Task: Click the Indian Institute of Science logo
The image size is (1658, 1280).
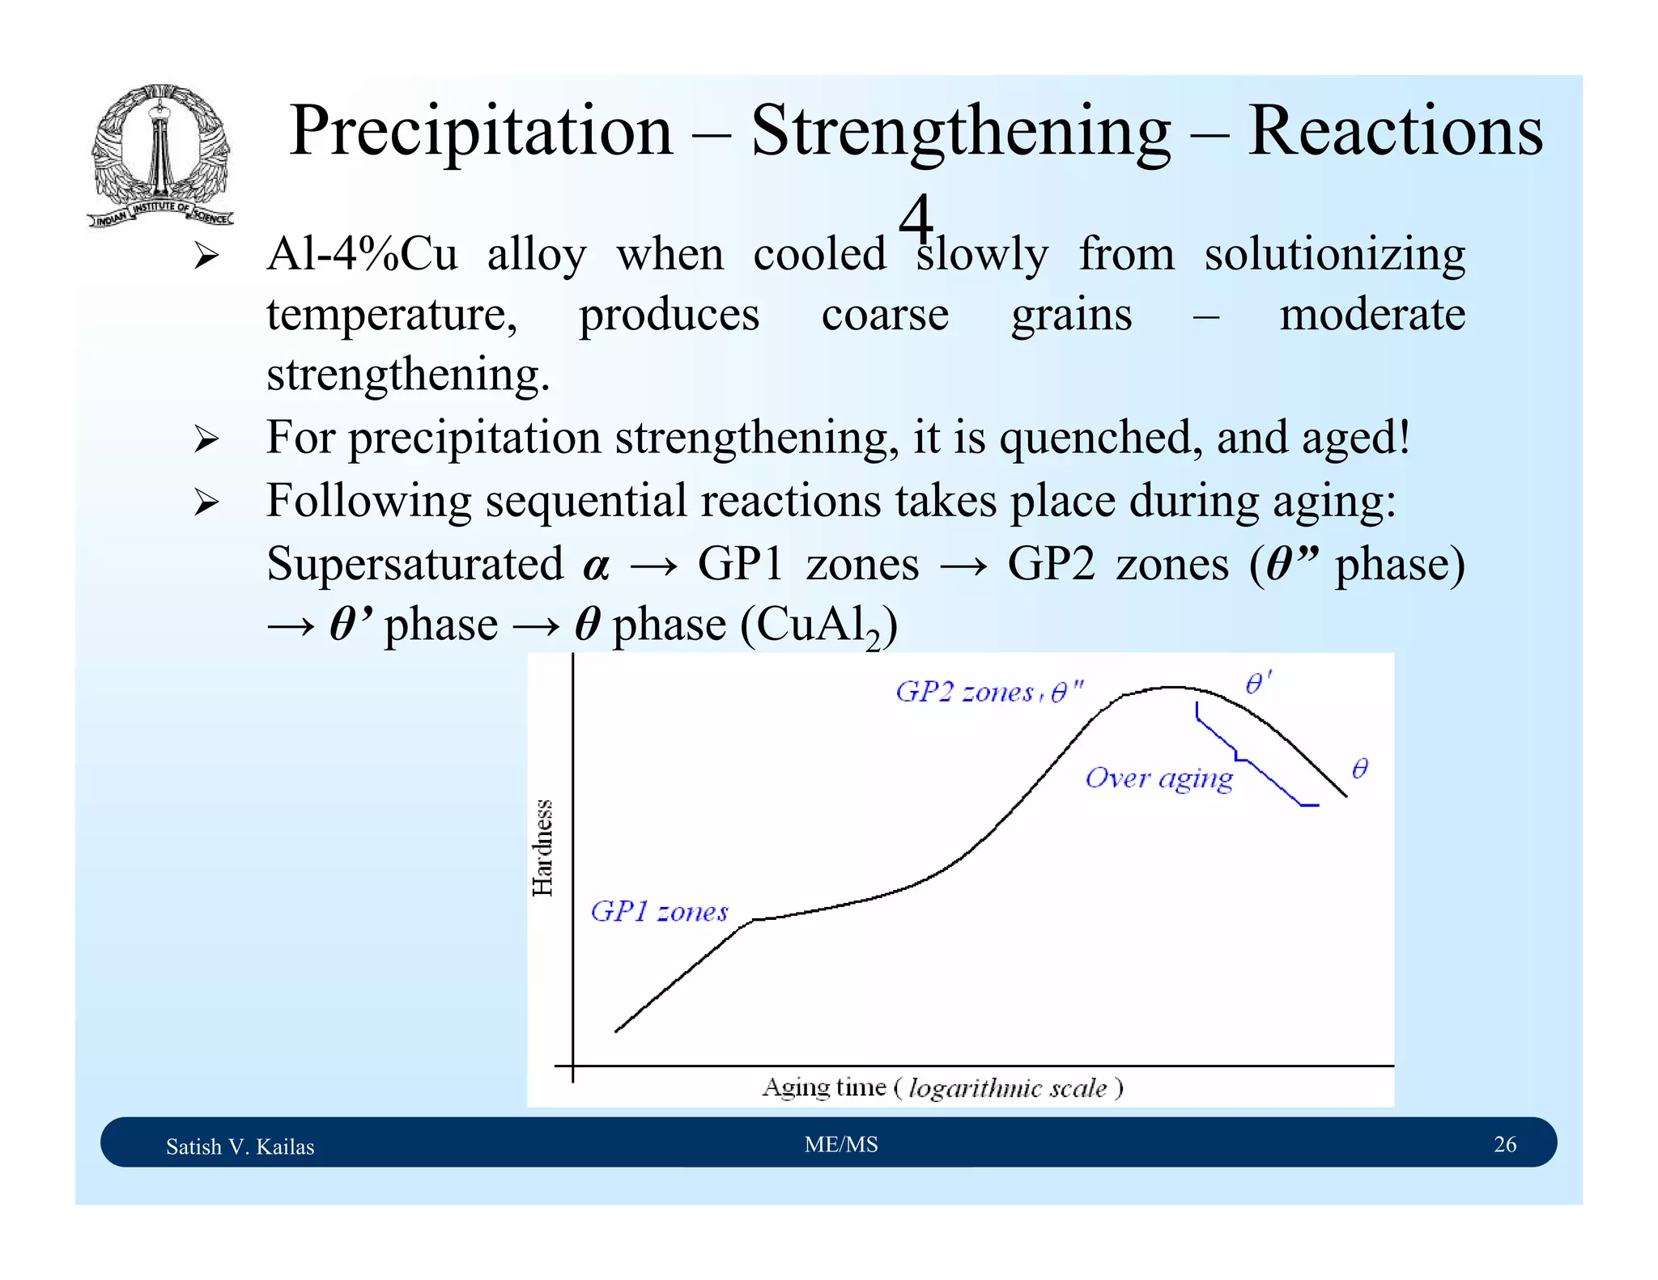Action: [160, 155]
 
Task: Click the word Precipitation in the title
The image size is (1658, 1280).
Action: [481, 131]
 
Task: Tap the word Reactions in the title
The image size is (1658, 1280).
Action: [1394, 131]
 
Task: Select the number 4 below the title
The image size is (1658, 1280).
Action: [916, 218]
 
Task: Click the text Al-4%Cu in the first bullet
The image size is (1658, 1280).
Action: [362, 254]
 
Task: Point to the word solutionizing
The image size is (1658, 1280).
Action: [1334, 254]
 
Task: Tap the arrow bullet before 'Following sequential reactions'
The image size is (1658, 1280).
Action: [206, 502]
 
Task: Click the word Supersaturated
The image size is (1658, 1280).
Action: [414, 564]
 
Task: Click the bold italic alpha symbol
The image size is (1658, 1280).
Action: [595, 566]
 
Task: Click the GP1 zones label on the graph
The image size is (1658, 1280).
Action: [659, 912]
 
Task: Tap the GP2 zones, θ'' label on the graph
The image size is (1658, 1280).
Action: [988, 693]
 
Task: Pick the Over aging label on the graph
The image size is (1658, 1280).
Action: [1158, 778]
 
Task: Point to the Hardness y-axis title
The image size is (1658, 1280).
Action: [542, 847]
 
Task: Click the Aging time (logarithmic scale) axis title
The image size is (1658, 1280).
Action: [942, 1087]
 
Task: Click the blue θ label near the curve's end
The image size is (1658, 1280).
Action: [1360, 768]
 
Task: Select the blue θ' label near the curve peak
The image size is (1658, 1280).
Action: [1257, 684]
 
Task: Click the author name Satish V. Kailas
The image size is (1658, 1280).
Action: [240, 1146]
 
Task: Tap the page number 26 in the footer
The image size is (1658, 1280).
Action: [1504, 1144]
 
